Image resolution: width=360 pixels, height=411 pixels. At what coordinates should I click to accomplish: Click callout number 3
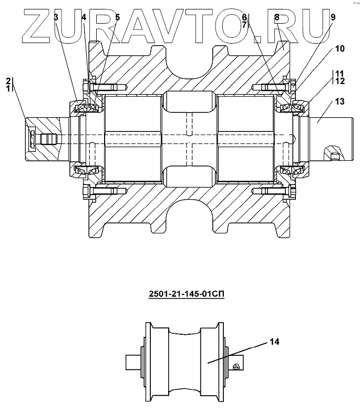click(x=56, y=17)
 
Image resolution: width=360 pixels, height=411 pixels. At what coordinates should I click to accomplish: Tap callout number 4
click(x=84, y=17)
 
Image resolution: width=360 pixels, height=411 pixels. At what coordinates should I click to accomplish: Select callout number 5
click(x=117, y=17)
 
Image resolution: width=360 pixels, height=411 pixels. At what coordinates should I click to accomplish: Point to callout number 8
click(x=276, y=17)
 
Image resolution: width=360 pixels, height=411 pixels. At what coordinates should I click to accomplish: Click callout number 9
click(x=333, y=17)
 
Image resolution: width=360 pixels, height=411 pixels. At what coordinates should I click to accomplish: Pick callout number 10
click(x=340, y=49)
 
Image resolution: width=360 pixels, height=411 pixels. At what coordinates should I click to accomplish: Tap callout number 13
click(x=340, y=101)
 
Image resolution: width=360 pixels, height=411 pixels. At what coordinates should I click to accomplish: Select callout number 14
click(x=274, y=342)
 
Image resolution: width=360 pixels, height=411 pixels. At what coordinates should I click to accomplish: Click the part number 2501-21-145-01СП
click(x=187, y=294)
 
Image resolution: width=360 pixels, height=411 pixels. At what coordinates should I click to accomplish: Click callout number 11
click(x=340, y=74)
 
